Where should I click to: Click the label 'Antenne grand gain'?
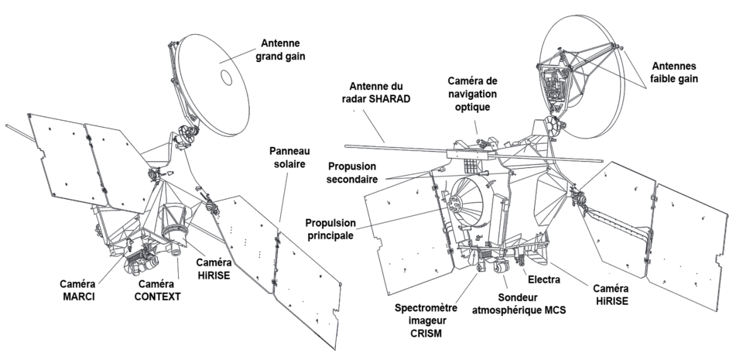280,50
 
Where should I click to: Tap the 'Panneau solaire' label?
289,157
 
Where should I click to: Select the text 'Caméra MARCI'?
77,290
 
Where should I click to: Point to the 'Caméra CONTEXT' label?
157,290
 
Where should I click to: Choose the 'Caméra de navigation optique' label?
472,94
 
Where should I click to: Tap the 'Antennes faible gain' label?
674,73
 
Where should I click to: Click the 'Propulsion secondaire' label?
352,173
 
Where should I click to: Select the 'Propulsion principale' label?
330,229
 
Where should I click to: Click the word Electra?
544,279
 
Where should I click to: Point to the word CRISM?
426,334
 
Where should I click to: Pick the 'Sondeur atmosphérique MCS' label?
519,303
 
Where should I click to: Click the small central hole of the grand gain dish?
227,77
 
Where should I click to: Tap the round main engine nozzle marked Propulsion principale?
467,202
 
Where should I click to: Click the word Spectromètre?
426,308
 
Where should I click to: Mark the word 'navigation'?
472,94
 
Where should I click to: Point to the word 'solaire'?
289,164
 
